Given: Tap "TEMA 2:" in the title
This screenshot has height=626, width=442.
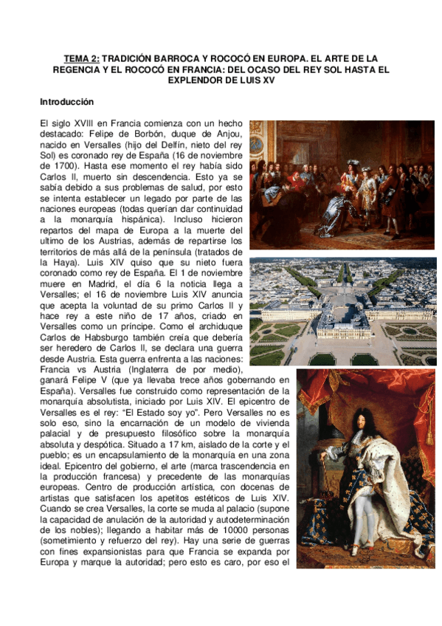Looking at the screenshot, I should click(80, 58).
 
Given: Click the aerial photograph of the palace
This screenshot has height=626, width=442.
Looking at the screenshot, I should click(342, 311).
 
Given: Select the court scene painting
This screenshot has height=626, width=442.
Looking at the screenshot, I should click(342, 184).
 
